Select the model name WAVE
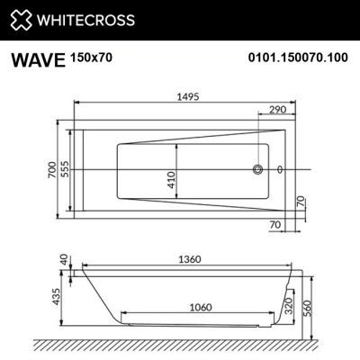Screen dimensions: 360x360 37,60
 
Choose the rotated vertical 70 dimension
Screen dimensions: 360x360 301,201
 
